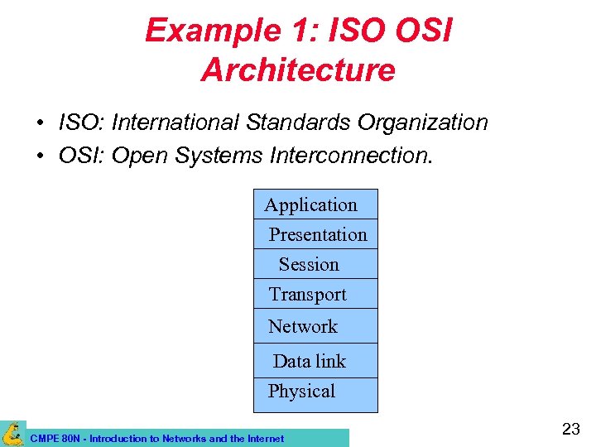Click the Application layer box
point(315,204)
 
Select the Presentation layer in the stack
point(316,234)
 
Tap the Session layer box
point(315,264)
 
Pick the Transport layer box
point(315,294)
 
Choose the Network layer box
point(315,326)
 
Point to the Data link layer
point(315,361)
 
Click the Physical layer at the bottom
point(315,392)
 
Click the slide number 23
point(571,429)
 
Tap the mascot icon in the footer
point(13,433)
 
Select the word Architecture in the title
point(298,70)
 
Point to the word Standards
point(299,123)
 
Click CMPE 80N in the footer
point(55,439)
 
